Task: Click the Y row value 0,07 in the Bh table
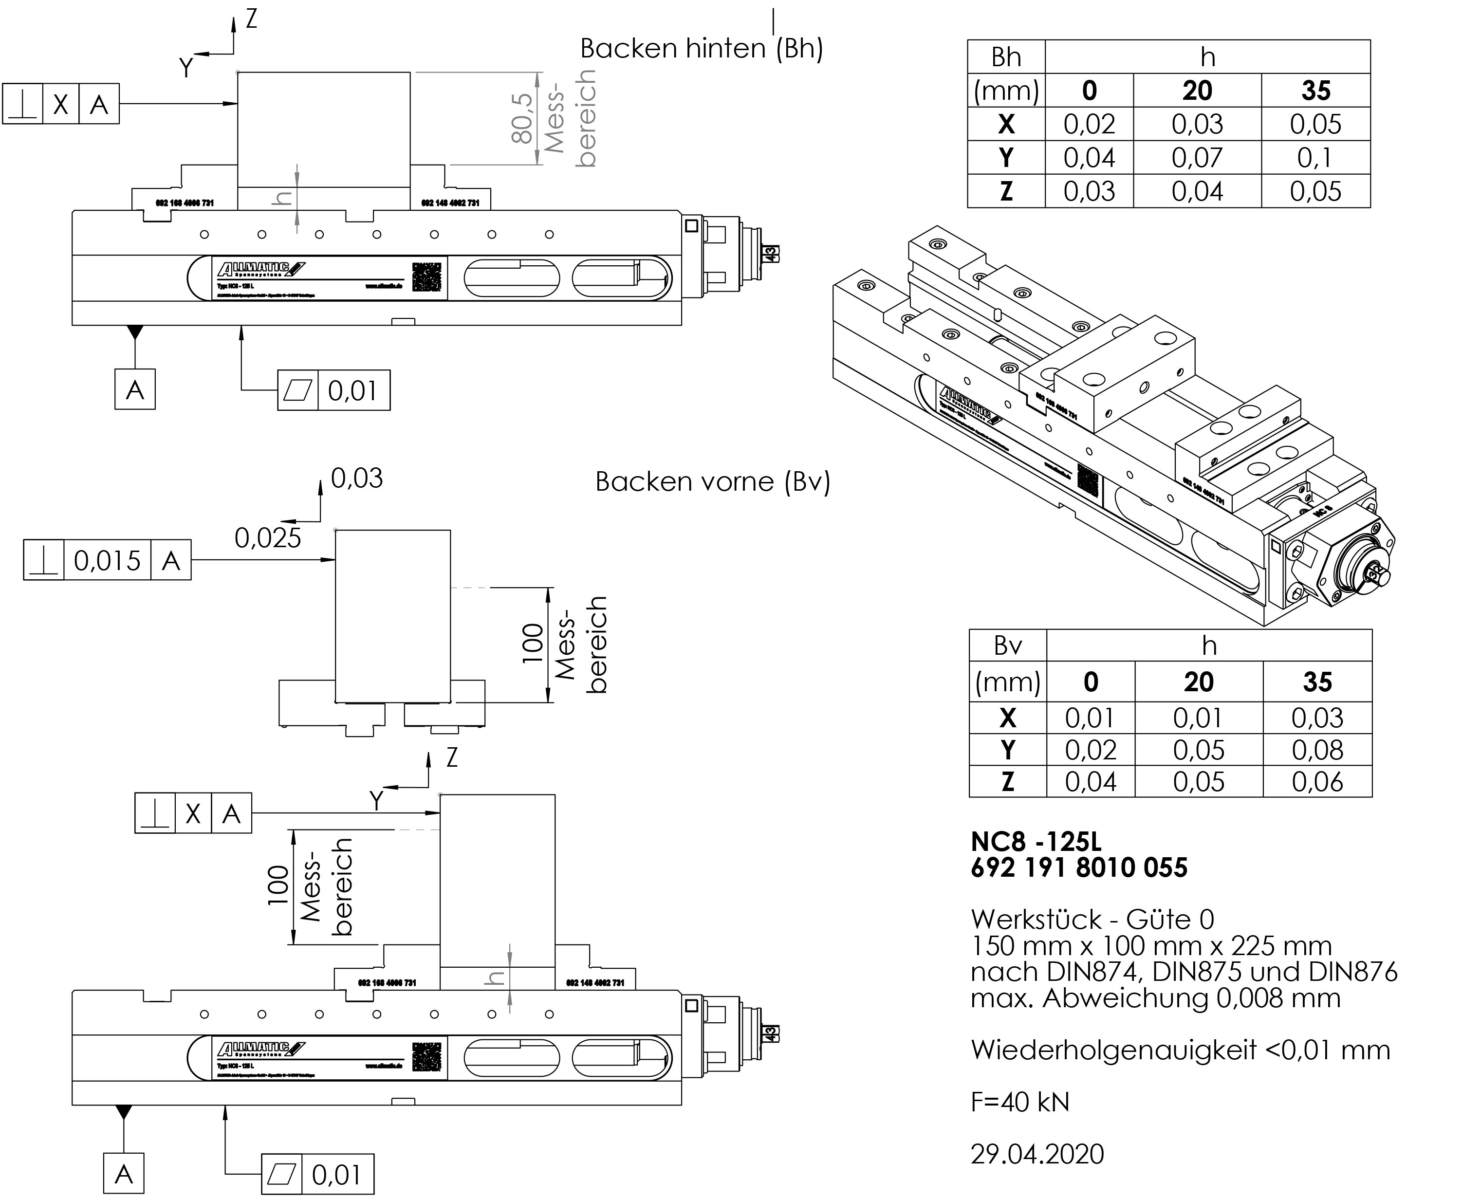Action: pyautogui.click(x=1197, y=158)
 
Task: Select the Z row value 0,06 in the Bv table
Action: pyautogui.click(x=1317, y=782)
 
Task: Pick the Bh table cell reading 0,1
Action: pyautogui.click(x=1315, y=158)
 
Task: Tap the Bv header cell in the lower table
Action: pyautogui.click(x=1007, y=646)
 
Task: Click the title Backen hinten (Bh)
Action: pyautogui.click(x=702, y=48)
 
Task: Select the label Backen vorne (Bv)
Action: pyautogui.click(x=712, y=482)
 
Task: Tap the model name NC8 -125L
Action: pyautogui.click(x=1036, y=842)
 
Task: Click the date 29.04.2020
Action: pyautogui.click(x=1037, y=1154)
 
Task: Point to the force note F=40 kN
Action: pyautogui.click(x=1019, y=1102)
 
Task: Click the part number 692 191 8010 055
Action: pyautogui.click(x=1079, y=868)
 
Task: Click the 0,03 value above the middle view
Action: pyautogui.click(x=356, y=478)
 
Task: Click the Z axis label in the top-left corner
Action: pyautogui.click(x=251, y=18)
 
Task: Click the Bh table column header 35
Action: pyautogui.click(x=1315, y=91)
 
